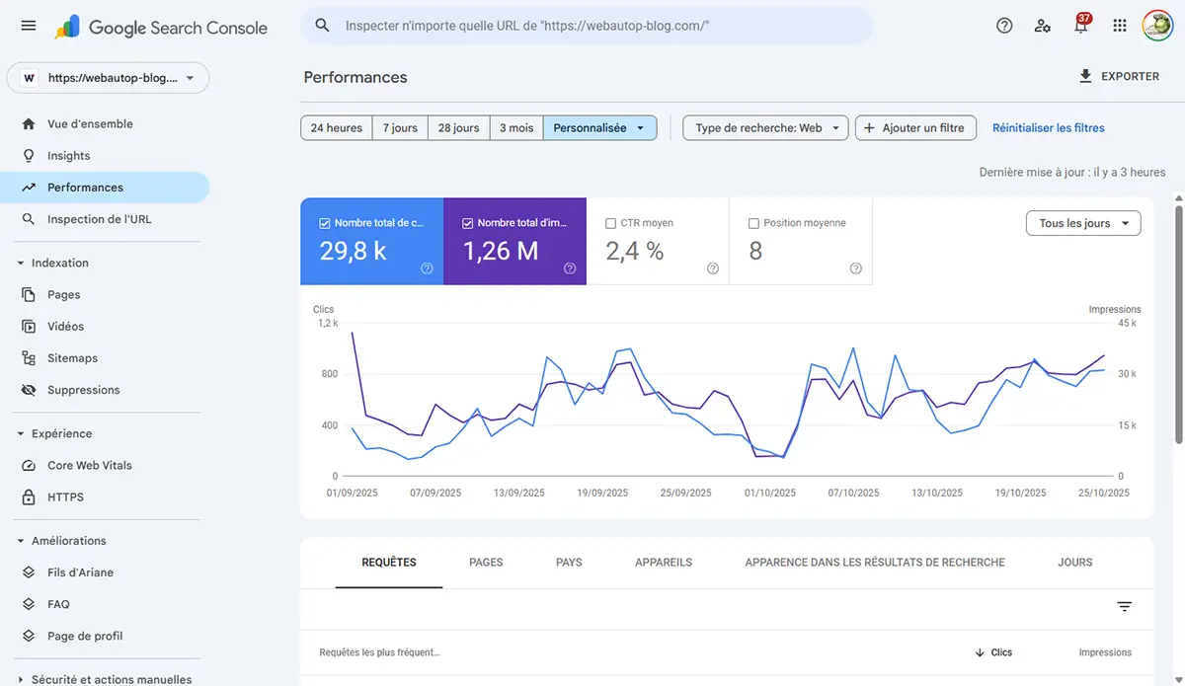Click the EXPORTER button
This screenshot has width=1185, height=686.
pyautogui.click(x=1119, y=76)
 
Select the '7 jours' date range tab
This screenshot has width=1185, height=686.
pyautogui.click(x=400, y=127)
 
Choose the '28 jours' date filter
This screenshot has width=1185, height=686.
pyautogui.click(x=458, y=127)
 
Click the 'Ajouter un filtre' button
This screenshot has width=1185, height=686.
pyautogui.click(x=915, y=127)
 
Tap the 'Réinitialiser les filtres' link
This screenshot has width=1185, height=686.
pyautogui.click(x=1048, y=127)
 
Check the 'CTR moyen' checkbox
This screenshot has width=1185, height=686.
pyautogui.click(x=611, y=223)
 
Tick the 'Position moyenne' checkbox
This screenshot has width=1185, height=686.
pyautogui.click(x=754, y=223)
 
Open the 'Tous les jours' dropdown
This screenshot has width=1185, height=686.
pyautogui.click(x=1083, y=223)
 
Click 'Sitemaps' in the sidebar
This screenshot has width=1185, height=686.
pyautogui.click(x=72, y=358)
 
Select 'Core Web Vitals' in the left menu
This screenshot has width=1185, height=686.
pyautogui.click(x=89, y=465)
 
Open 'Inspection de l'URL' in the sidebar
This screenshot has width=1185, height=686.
pyautogui.click(x=99, y=219)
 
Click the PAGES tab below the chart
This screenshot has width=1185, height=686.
pyautogui.click(x=486, y=562)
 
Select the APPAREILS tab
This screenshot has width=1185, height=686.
pyautogui.click(x=664, y=562)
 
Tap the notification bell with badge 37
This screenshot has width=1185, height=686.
pyautogui.click(x=1080, y=27)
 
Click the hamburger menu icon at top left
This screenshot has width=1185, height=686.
pyautogui.click(x=29, y=27)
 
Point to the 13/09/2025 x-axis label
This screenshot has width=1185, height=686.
pyautogui.click(x=518, y=493)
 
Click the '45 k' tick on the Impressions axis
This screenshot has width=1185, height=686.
pyautogui.click(x=1127, y=323)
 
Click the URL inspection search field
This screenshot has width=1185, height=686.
pyautogui.click(x=592, y=26)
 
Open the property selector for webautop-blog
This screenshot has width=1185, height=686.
pyautogui.click(x=108, y=78)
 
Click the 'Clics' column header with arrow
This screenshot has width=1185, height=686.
pyautogui.click(x=994, y=652)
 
